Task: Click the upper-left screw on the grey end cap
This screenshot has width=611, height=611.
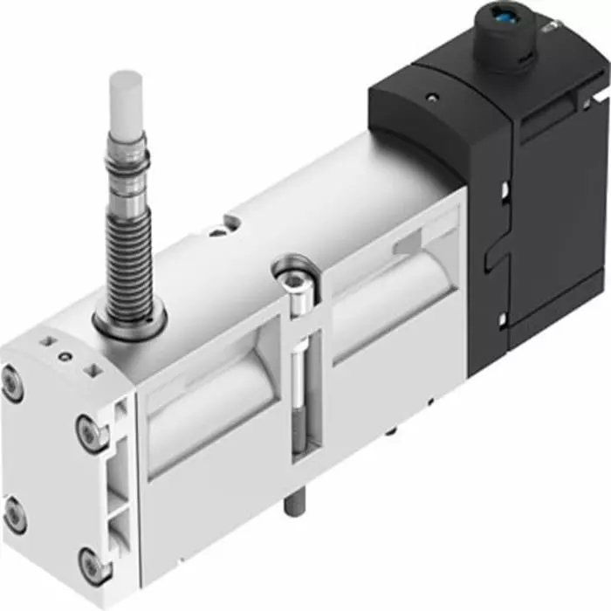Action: click(x=12, y=385)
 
